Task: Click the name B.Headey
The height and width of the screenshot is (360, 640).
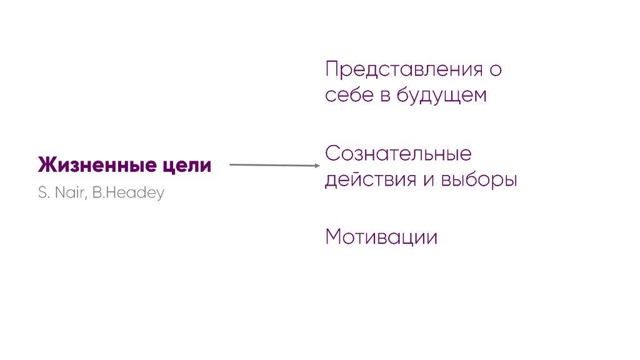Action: pos(127,193)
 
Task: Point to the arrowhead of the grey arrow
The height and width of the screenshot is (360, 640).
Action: pos(317,166)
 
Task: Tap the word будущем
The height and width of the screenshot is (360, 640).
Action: pos(441,96)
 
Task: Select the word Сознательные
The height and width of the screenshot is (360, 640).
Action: pos(398,154)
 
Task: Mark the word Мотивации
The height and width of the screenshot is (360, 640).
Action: pos(381,237)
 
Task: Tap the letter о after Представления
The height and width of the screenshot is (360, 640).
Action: pos(495,69)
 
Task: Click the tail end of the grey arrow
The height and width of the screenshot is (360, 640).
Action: pos(231,165)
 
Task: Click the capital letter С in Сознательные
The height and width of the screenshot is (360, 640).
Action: pos(332,154)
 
